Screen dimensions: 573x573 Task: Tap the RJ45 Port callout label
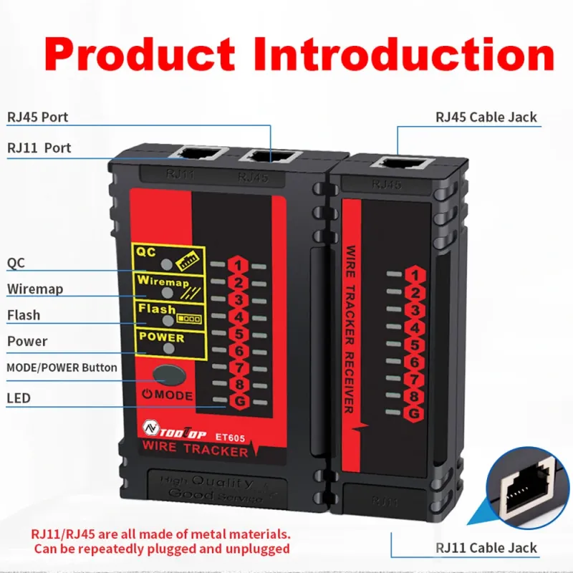click(x=38, y=117)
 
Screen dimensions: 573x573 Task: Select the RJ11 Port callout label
click(x=39, y=148)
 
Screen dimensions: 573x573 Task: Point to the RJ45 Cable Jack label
click(x=486, y=117)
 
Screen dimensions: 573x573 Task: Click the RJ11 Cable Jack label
click(x=486, y=548)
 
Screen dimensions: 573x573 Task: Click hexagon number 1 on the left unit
click(x=239, y=266)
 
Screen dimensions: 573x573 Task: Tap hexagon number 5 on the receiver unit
click(x=412, y=345)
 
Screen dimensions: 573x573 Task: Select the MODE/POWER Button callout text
click(x=62, y=367)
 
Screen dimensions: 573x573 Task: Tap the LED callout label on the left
click(x=19, y=398)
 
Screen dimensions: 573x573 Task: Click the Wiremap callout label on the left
click(x=35, y=289)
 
